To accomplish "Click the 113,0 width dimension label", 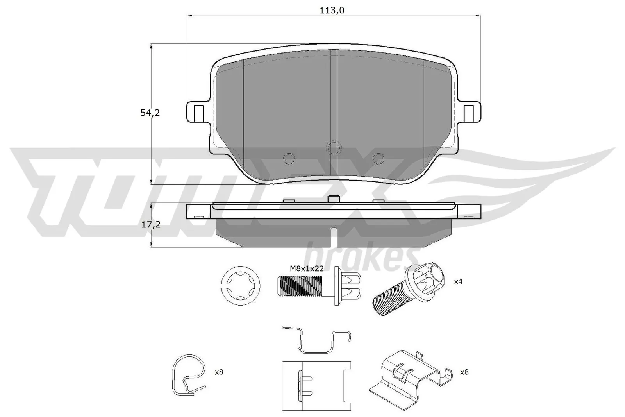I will pos(332,11).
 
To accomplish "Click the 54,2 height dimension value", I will pos(150,113).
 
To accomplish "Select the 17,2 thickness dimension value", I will pos(150,225).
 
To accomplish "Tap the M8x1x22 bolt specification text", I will pos(307,268).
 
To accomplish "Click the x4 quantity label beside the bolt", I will pos(458,281).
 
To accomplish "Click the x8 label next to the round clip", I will pos(219,372).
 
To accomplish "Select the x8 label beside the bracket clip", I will pos(464,372).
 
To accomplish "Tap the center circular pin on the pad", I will pos(333,147).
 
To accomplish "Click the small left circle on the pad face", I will pos(289,158).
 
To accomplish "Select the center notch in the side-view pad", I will pos(333,236).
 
